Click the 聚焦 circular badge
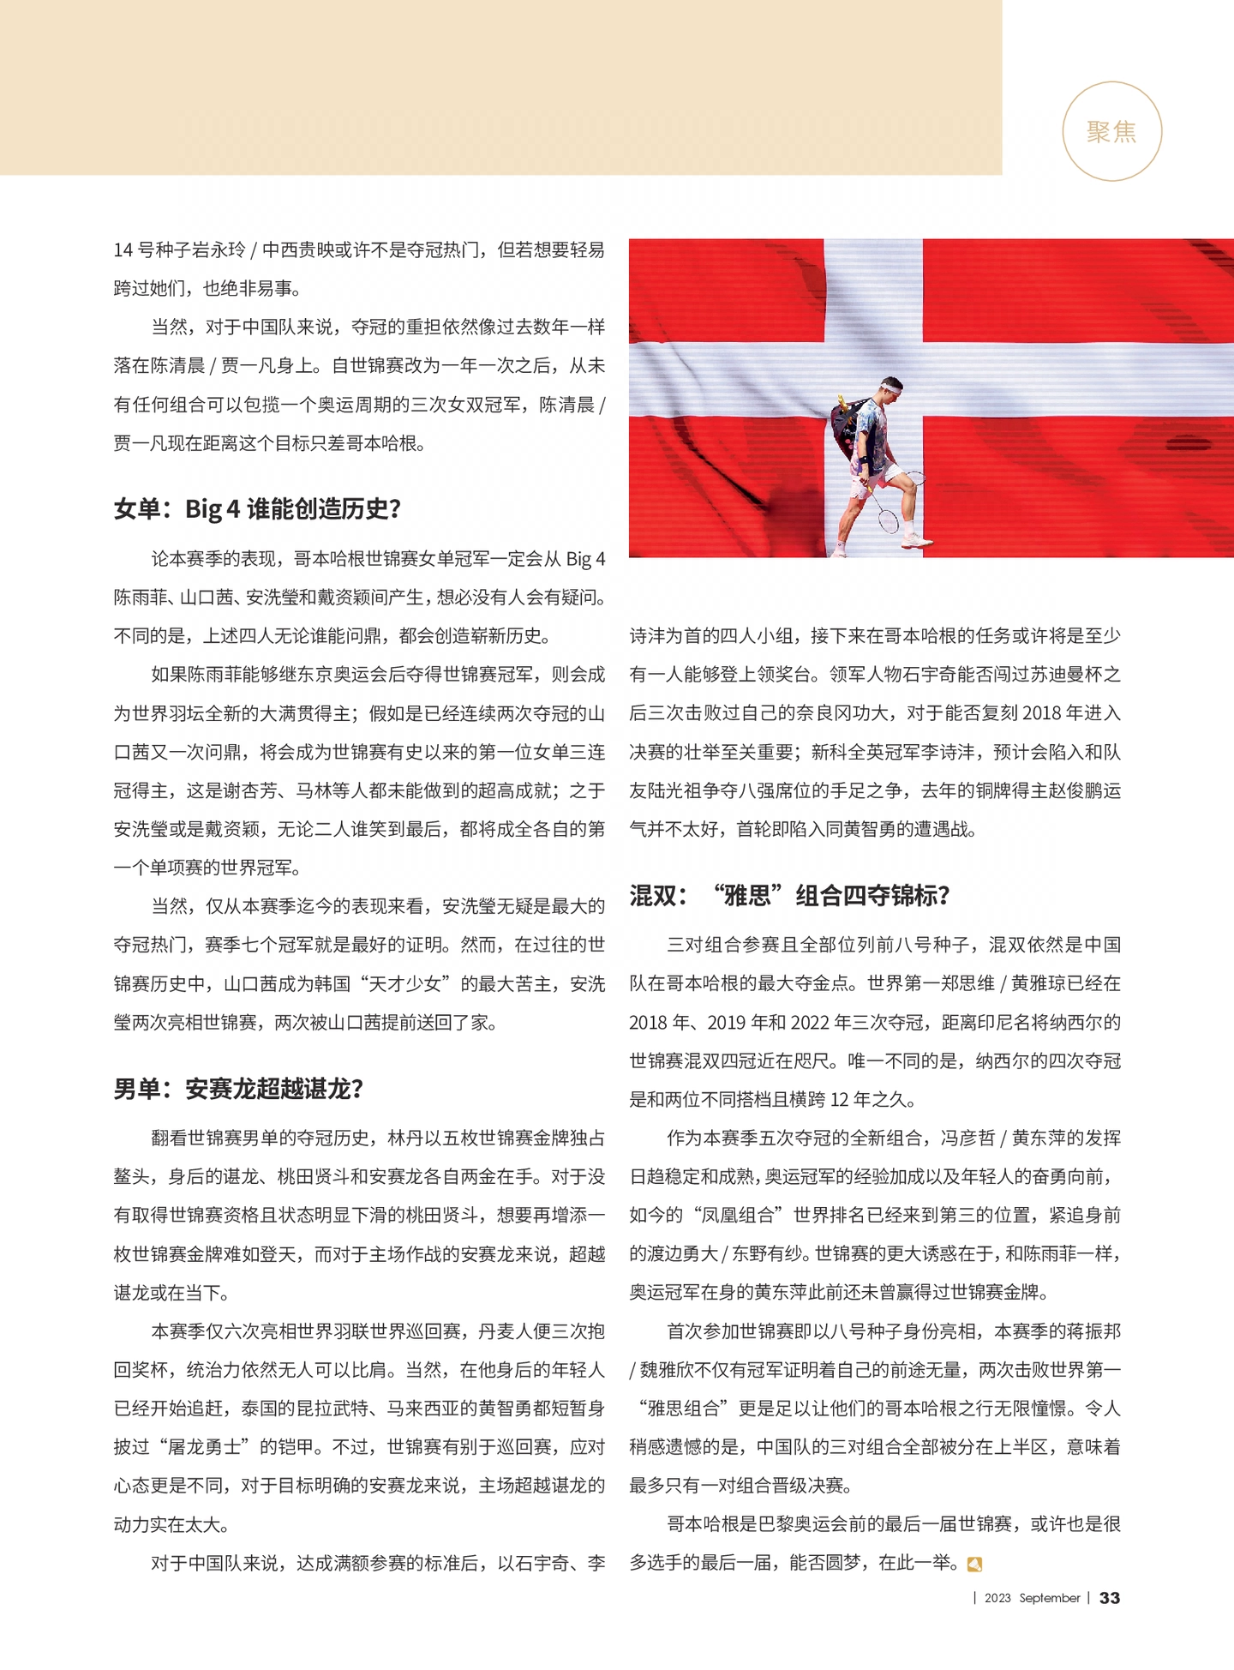tap(1111, 131)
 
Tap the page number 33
tap(1110, 1598)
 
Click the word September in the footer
tap(1049, 1598)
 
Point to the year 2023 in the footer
tap(997, 1598)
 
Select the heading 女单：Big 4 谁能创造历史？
tap(257, 509)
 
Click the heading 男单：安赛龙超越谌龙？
tap(239, 1089)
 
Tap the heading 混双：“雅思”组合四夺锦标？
tap(789, 896)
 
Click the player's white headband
tap(891, 388)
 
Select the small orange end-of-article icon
tap(973, 1565)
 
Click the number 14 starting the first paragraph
tap(123, 250)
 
